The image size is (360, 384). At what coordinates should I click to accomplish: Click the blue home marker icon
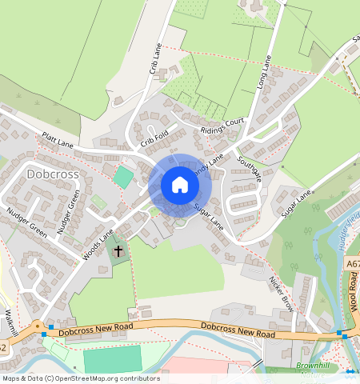coord(180,185)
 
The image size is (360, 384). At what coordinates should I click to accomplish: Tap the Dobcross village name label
coord(52,173)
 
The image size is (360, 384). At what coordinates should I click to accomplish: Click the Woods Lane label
coord(98,244)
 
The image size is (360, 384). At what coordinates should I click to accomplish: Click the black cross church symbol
coord(118,251)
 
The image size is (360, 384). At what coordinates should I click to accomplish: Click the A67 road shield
coord(353,262)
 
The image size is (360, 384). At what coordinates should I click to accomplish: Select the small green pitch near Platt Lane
coord(122,177)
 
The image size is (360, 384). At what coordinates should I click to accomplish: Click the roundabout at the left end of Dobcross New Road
coord(37,326)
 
